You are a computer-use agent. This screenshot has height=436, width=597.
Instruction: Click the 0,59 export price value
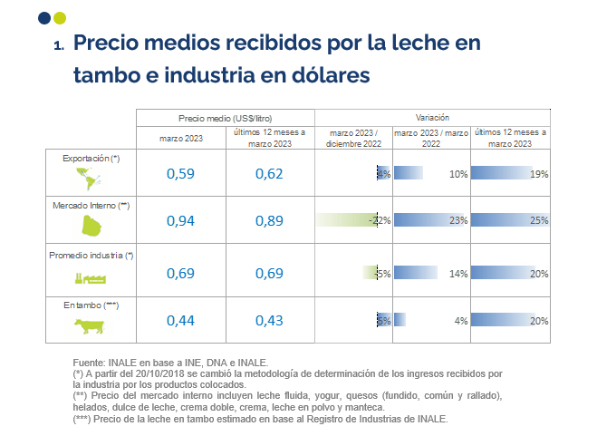(180, 174)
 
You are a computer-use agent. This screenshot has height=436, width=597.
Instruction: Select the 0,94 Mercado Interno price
(180, 220)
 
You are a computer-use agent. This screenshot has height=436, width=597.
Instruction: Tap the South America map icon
(91, 178)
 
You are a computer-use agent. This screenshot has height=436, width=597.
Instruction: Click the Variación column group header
(432, 119)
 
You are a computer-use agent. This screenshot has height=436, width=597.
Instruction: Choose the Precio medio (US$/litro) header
(225, 119)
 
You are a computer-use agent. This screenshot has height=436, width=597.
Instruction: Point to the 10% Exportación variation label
(457, 174)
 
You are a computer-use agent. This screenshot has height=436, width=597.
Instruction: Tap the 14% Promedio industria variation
(457, 274)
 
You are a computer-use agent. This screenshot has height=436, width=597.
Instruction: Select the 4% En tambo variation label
(460, 319)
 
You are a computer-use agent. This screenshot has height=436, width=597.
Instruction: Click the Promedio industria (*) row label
(91, 256)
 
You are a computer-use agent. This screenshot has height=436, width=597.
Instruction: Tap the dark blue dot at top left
(44, 18)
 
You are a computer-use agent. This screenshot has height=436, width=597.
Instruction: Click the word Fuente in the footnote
(89, 363)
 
